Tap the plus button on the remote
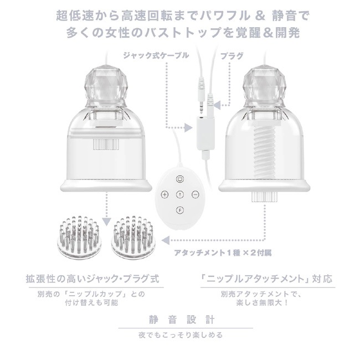pyautogui.click(x=164, y=194)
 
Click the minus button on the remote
pyautogui.click(x=195, y=194)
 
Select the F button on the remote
pyautogui.click(x=180, y=210)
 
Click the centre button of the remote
pyautogui.click(x=180, y=194)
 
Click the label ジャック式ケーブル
pyautogui.click(x=156, y=55)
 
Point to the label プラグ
pyautogui.click(x=231, y=55)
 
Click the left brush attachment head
pyautogui.click(x=78, y=236)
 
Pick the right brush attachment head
pyautogui.click(x=132, y=236)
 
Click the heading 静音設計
pyautogui.click(x=182, y=320)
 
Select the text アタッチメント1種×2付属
pyautogui.click(x=223, y=253)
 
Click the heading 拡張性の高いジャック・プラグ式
pyautogui.click(x=92, y=279)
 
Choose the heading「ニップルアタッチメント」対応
pyautogui.click(x=266, y=279)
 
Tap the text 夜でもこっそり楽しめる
pyautogui.click(x=181, y=335)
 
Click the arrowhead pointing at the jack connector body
pyautogui.click(x=189, y=127)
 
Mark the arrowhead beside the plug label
pyautogui.click(x=217, y=105)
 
